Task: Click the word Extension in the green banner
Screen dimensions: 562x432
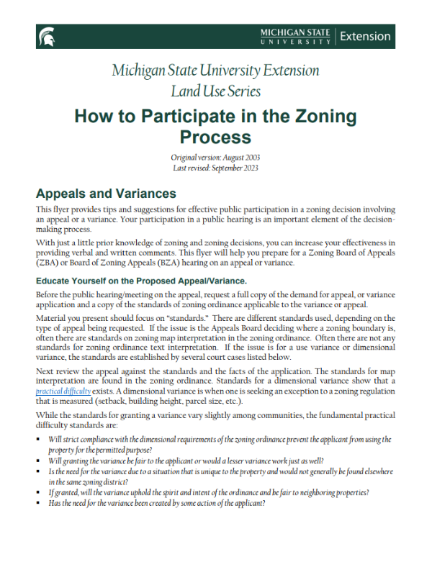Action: point(364,36)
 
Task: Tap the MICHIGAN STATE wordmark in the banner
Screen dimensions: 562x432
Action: point(295,32)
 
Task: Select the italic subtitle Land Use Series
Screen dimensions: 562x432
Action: point(215,91)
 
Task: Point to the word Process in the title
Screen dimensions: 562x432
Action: point(215,137)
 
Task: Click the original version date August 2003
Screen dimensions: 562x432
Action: point(238,157)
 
